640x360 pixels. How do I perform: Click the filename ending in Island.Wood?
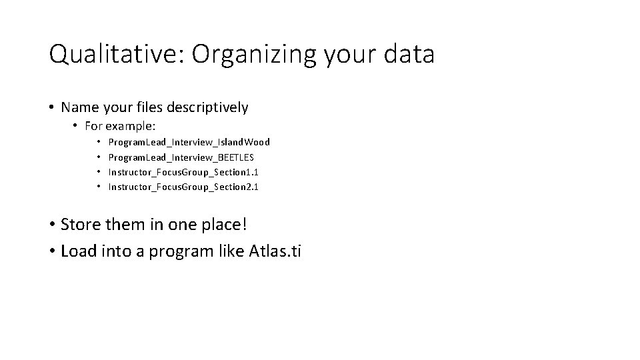pos(189,142)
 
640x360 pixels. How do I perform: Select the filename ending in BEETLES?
pos(181,157)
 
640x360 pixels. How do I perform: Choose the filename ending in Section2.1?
pos(183,187)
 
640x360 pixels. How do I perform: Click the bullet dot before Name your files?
pos(52,107)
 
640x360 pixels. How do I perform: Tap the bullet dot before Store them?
pos(52,224)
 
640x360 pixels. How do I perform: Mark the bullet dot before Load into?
pos(52,251)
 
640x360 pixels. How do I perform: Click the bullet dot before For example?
pos(77,126)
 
